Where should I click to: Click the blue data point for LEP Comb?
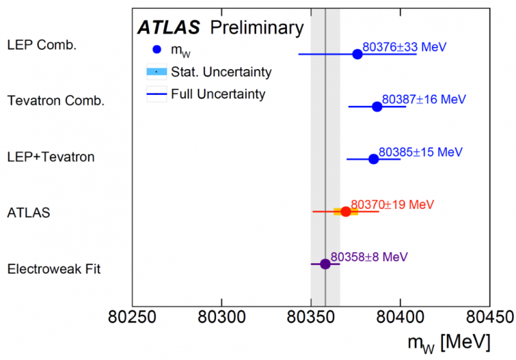(x=357, y=54)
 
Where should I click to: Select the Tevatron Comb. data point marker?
(x=377, y=106)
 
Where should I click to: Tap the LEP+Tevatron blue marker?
(x=373, y=159)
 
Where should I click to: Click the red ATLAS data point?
(x=346, y=212)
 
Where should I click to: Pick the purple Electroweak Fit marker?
(x=325, y=264)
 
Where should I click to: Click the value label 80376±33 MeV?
(x=404, y=47)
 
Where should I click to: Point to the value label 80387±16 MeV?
(x=424, y=99)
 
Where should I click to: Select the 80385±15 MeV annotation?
(x=421, y=152)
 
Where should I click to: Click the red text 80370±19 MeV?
(x=393, y=205)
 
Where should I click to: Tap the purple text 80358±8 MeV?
(x=369, y=257)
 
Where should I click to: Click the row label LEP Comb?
(x=41, y=45)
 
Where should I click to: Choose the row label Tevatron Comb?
(x=55, y=101)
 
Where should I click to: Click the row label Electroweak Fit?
(x=54, y=269)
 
